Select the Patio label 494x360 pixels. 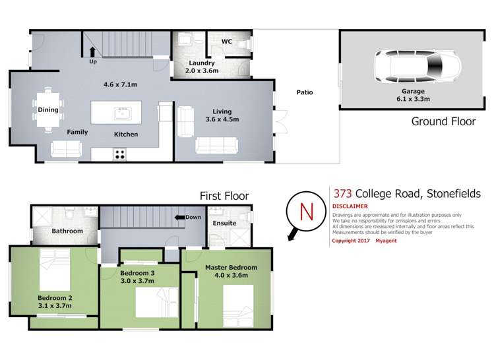(304, 92)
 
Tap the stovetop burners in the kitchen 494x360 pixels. (121, 155)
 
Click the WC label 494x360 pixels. (227, 42)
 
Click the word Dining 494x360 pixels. (48, 110)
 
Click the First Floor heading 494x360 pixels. (224, 195)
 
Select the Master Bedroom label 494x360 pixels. (231, 267)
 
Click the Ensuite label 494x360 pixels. (225, 224)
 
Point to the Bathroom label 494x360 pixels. (67, 231)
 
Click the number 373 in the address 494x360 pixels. (342, 194)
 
